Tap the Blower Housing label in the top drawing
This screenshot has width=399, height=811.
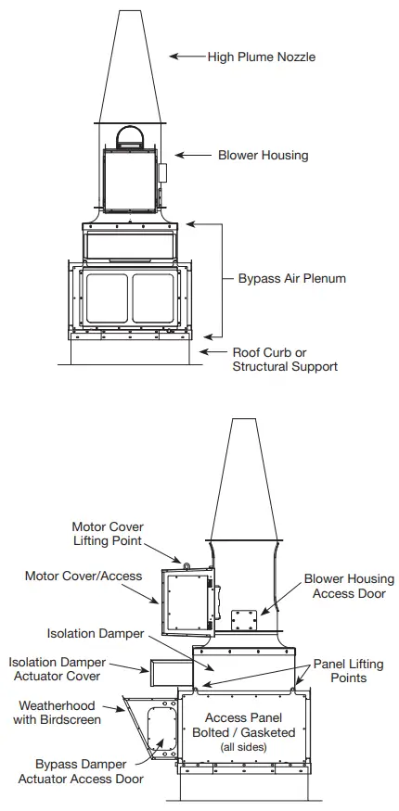click(263, 156)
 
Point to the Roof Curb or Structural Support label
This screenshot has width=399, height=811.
click(284, 359)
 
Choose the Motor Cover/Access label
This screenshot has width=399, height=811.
click(84, 576)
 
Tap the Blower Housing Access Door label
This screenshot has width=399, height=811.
click(349, 586)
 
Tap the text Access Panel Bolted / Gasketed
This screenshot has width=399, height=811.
click(250, 724)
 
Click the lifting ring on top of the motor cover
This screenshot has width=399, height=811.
click(186, 563)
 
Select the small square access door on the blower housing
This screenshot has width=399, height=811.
click(244, 618)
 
